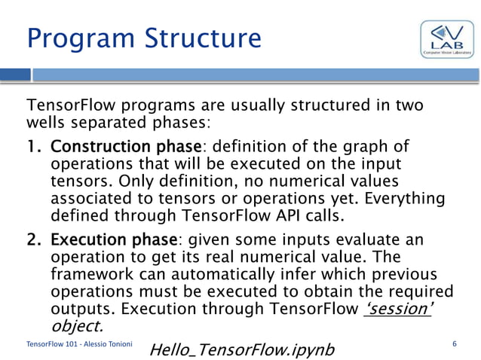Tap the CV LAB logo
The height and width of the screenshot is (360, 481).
pyautogui.click(x=447, y=40)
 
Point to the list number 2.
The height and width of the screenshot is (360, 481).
pyautogui.click(x=34, y=240)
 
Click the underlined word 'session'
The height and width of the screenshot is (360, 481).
pyautogui.click(x=397, y=310)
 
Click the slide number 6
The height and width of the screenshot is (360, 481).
pyautogui.click(x=454, y=343)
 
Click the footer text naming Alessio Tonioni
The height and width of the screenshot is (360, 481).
pyautogui.click(x=79, y=344)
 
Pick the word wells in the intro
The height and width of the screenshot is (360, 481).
pyautogui.click(x=47, y=122)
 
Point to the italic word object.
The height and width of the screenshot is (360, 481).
pyautogui.click(x=75, y=327)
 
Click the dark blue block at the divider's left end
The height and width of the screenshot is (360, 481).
pyautogui.click(x=15, y=75)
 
